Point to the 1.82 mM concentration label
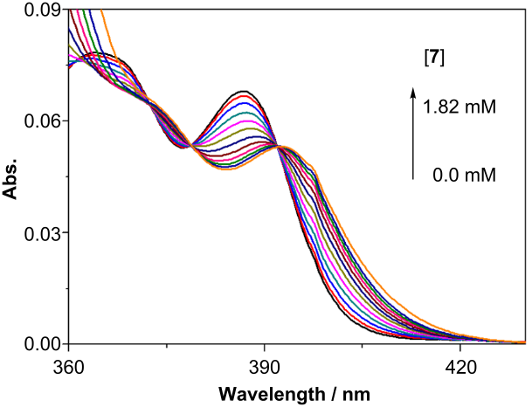(459, 108)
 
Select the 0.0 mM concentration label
(464, 176)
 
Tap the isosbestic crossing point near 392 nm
(279, 147)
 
